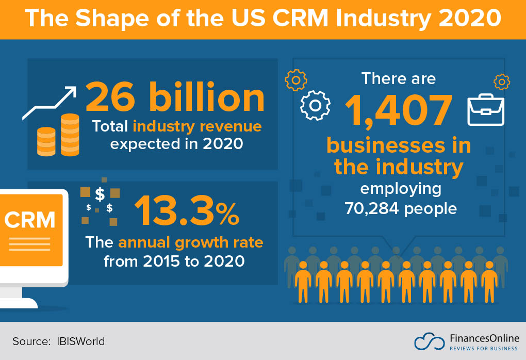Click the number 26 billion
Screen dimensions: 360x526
click(x=175, y=97)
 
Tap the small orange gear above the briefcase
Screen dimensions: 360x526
click(x=501, y=81)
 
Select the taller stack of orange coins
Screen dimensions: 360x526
click(x=70, y=135)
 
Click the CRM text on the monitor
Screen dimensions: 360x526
click(x=30, y=219)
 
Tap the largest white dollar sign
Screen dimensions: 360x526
click(x=100, y=194)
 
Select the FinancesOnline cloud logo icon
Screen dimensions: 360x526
click(x=429, y=341)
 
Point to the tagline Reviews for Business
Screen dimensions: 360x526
click(x=483, y=348)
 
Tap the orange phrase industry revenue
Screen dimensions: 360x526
click(x=197, y=126)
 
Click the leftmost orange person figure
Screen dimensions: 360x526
click(x=303, y=281)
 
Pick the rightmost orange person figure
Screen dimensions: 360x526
click(x=488, y=281)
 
